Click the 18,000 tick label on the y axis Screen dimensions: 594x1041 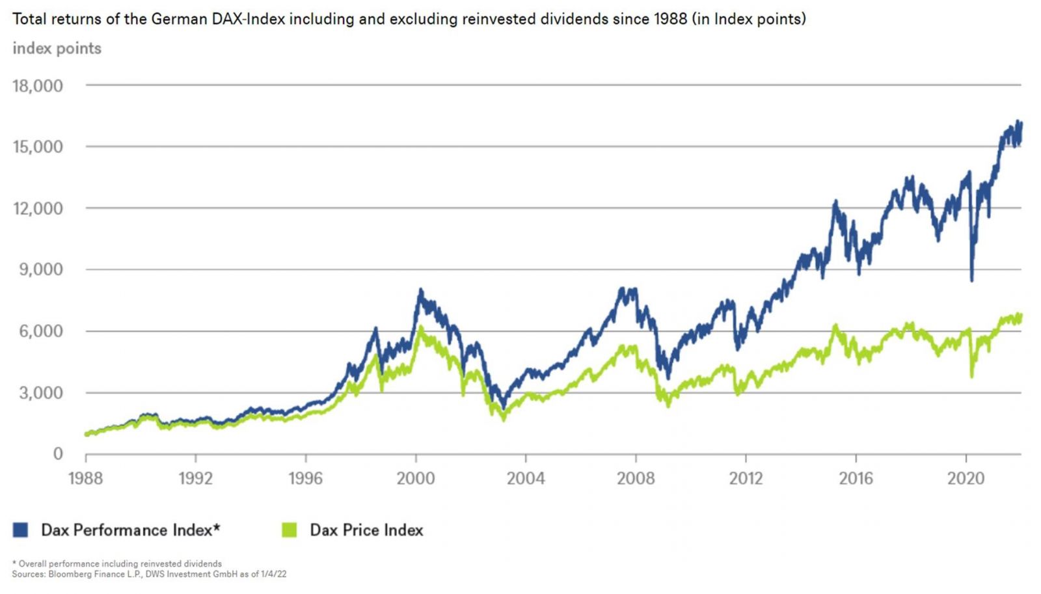click(x=38, y=86)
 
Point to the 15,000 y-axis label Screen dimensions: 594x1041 click(x=38, y=147)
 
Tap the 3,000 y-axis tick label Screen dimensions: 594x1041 click(x=41, y=393)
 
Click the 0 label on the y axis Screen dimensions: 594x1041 click(x=58, y=454)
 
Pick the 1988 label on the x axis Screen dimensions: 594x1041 click(x=85, y=479)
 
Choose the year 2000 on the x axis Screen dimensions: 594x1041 click(x=416, y=479)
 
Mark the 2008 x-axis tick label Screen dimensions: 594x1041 click(x=636, y=479)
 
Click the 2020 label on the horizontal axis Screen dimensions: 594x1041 click(x=966, y=479)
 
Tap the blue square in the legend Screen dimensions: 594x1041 click(x=20, y=530)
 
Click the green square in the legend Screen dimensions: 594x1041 click(x=289, y=530)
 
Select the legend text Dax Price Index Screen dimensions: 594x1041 click(x=366, y=530)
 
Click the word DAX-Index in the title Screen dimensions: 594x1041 click(x=249, y=19)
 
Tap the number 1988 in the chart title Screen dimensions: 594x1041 click(x=671, y=19)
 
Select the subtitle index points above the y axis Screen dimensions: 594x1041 click(x=57, y=49)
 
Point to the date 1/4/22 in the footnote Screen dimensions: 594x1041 click(x=273, y=574)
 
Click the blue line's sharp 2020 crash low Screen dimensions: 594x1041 click(x=972, y=280)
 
